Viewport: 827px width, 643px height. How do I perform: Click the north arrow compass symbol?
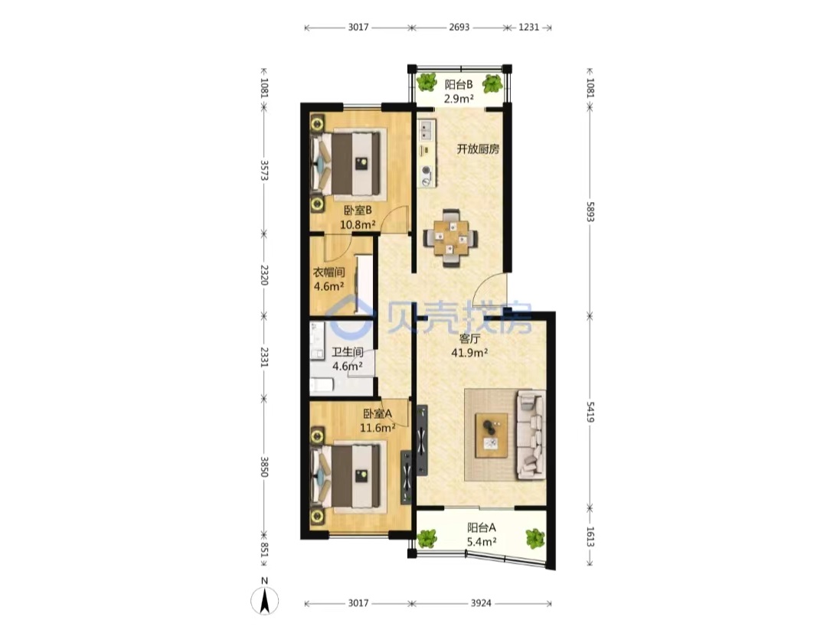265,600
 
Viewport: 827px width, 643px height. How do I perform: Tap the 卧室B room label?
358,211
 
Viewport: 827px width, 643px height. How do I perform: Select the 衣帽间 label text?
329,273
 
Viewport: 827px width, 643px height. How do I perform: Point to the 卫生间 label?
348,351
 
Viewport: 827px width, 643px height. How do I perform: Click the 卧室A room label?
378,413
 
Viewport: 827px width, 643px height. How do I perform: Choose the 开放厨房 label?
478,149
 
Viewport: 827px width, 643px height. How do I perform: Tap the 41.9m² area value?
469,353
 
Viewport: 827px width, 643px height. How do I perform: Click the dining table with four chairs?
450,238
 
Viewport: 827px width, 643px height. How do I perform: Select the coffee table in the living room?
492,436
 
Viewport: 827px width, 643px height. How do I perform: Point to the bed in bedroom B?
349,163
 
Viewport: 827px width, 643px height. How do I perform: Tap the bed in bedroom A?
349,476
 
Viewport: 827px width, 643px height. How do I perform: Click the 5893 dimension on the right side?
590,211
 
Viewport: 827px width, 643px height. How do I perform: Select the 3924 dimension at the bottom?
481,603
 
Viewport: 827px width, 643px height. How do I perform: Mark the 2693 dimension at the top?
459,28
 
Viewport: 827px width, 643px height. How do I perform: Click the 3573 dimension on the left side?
264,170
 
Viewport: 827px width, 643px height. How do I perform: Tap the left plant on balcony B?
427,82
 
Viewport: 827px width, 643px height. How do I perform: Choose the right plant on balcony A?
534,538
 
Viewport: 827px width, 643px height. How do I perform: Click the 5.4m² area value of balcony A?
482,541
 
